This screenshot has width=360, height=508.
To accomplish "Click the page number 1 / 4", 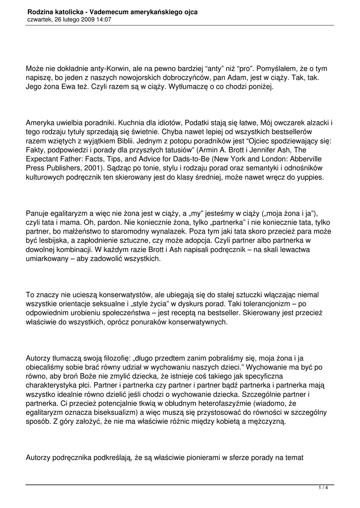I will click(x=323, y=488).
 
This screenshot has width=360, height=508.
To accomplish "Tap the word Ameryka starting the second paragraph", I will click(x=41, y=123).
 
